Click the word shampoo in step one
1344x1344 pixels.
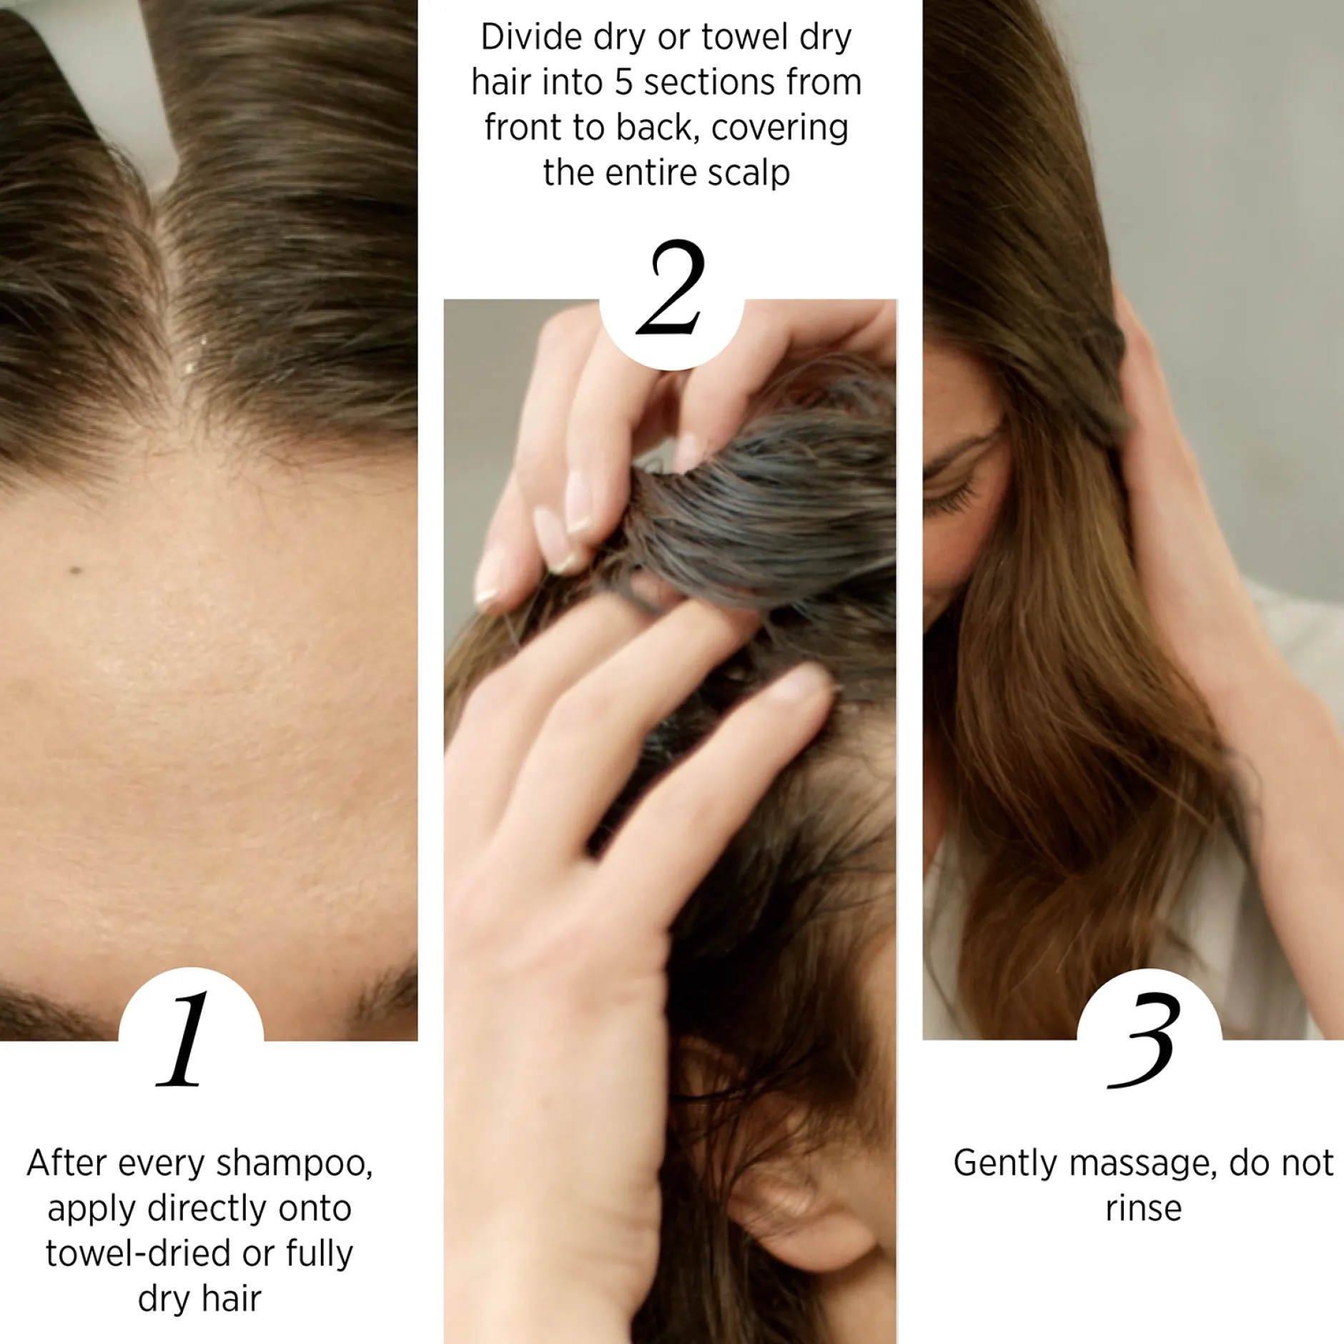click(x=294, y=1164)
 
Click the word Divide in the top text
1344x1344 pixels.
click(x=531, y=37)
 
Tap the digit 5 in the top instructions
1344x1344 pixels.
click(x=623, y=83)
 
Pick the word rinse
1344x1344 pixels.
click(x=1143, y=1209)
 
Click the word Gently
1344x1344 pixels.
click(x=1007, y=1163)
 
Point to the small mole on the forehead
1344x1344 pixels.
click(x=75, y=570)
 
